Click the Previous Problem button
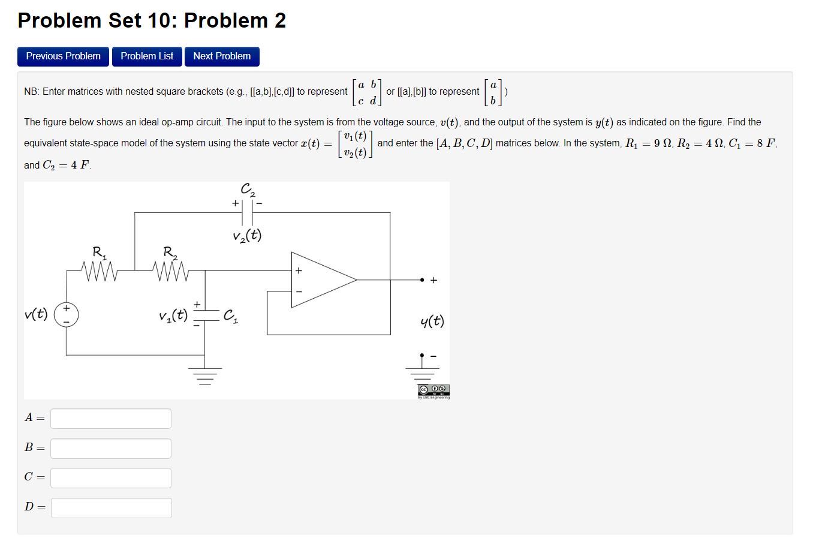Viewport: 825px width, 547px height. [63, 56]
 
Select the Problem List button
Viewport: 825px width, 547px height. [147, 56]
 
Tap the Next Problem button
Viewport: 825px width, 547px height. [222, 56]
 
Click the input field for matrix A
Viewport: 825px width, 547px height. [111, 419]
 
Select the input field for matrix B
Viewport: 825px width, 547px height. [111, 449]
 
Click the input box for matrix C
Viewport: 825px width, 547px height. [111, 478]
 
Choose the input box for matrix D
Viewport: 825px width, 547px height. [111, 508]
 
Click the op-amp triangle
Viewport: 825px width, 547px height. [321, 279]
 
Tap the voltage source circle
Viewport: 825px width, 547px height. [67, 315]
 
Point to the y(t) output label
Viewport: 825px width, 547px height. [432, 321]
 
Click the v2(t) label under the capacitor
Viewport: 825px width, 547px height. [247, 235]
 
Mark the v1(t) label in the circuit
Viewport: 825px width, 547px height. [173, 315]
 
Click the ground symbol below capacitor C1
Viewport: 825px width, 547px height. [205, 375]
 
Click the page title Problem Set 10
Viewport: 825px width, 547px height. [152, 20]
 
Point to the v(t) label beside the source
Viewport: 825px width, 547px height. [37, 314]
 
